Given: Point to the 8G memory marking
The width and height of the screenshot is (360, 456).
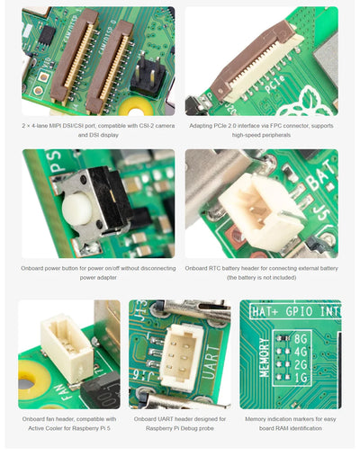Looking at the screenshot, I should pos(300,338).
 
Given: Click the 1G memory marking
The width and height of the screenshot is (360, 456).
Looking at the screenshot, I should pos(300,379).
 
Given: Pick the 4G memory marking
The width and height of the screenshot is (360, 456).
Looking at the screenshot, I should pos(300,352).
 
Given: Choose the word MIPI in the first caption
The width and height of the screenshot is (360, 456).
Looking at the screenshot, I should pos(62,125).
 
